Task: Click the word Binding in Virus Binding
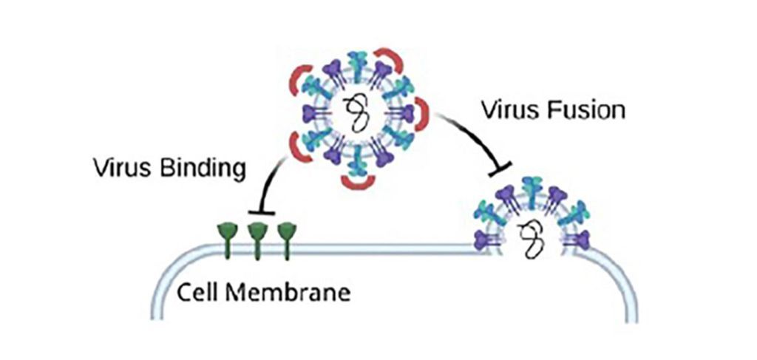coord(203,169)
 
